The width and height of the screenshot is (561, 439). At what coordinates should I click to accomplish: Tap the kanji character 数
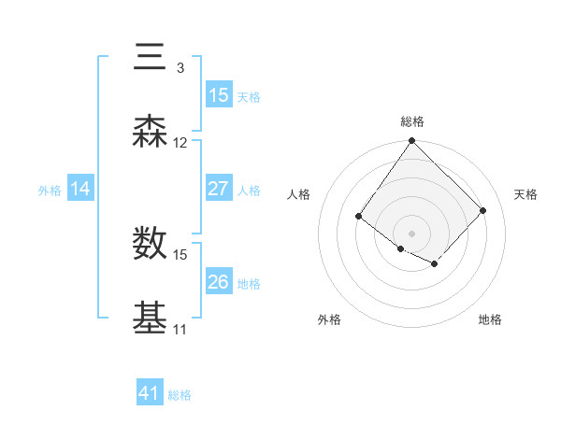(x=151, y=244)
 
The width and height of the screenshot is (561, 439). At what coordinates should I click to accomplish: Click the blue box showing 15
(x=219, y=95)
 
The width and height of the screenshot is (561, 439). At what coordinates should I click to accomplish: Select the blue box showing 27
(x=219, y=189)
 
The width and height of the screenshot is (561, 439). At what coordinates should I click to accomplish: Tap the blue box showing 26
(x=219, y=282)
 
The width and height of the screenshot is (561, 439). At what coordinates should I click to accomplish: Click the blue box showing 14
(x=80, y=190)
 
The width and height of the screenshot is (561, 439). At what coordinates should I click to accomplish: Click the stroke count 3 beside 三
(x=180, y=68)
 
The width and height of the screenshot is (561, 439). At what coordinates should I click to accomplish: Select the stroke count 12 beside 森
(x=180, y=144)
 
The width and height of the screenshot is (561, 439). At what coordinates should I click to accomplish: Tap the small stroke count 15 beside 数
(x=180, y=254)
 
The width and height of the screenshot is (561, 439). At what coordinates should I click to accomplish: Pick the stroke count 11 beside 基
(x=180, y=330)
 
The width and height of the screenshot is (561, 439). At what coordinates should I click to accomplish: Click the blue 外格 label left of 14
(x=50, y=191)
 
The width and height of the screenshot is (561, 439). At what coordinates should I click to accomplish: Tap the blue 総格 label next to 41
(x=180, y=395)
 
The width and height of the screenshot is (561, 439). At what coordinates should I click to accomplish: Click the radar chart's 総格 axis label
(x=412, y=121)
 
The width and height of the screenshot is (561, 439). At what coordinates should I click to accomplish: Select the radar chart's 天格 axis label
(x=525, y=194)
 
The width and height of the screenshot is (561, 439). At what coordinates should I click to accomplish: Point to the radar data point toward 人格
(x=359, y=217)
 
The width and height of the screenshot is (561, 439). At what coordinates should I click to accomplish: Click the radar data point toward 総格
(x=411, y=141)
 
